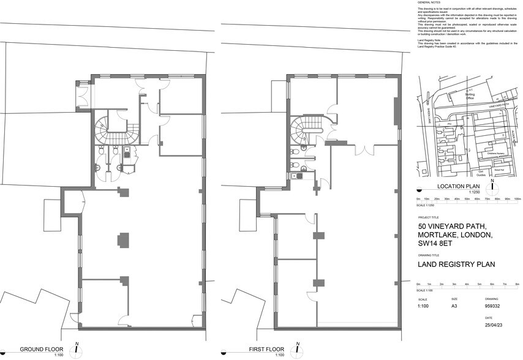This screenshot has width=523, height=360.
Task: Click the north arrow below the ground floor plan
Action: pos(76,351)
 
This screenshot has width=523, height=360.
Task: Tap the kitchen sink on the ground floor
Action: pos(126,155)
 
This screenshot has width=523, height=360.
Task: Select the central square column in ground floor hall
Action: pos(123,239)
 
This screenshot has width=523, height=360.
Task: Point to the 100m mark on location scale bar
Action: pos(517,199)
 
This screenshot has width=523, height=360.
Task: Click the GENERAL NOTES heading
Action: pos(428,3)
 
